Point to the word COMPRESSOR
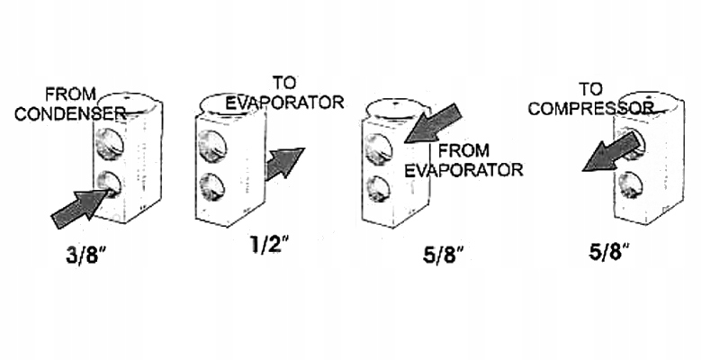[x=589, y=108]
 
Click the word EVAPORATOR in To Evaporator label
[x=284, y=102]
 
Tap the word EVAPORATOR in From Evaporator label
[x=463, y=169]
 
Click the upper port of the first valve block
[x=108, y=143]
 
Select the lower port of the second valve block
[x=211, y=185]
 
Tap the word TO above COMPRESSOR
[x=590, y=89]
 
